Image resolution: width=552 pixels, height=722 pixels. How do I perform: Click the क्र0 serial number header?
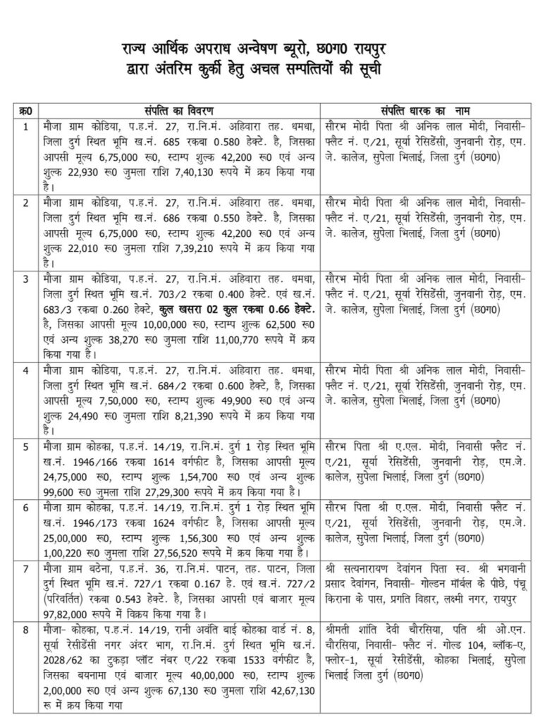click(x=25, y=111)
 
